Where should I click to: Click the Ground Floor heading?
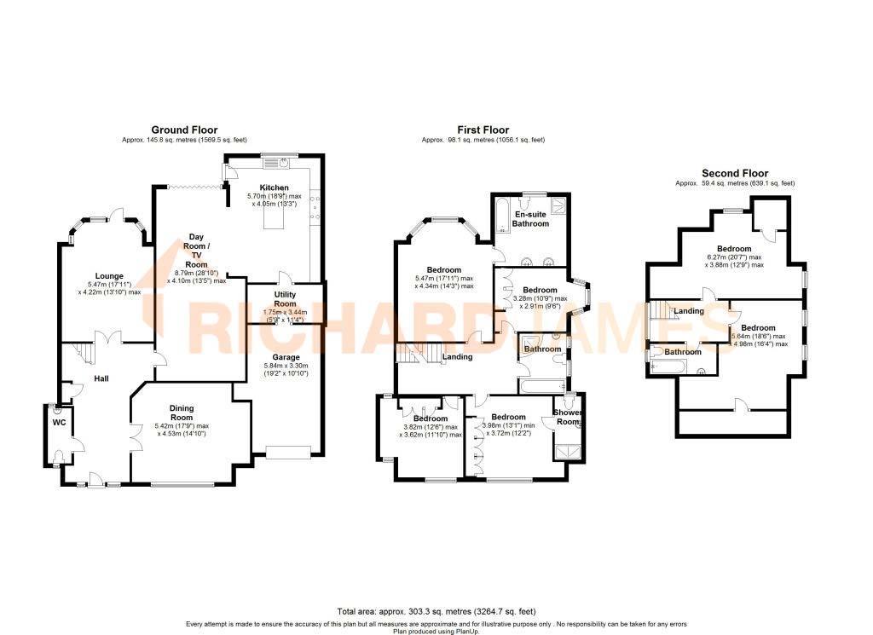coord(184,130)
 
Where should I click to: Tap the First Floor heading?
coord(483,130)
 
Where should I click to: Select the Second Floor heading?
coord(734,173)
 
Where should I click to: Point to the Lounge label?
coord(109,275)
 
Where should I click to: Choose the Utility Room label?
coord(285,298)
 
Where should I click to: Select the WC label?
coord(59,422)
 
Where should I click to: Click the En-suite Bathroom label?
coord(530,219)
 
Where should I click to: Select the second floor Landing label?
coord(689,311)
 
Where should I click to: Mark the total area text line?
coord(436,611)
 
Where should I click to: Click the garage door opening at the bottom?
coord(288,451)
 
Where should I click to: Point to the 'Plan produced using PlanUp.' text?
coord(436,631)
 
